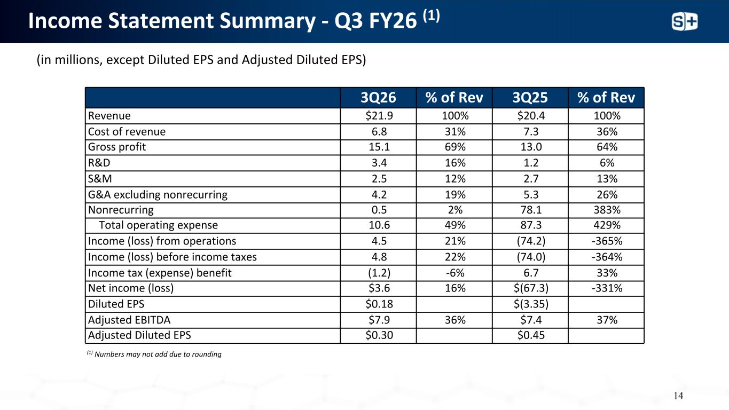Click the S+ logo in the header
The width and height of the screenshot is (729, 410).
pyautogui.click(x=685, y=22)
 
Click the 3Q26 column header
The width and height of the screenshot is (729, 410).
pyautogui.click(x=378, y=98)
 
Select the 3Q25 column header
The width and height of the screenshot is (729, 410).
pyautogui.click(x=530, y=98)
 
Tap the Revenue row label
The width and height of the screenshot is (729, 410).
pyautogui.click(x=109, y=115)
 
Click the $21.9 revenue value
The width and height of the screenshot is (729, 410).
pyautogui.click(x=379, y=115)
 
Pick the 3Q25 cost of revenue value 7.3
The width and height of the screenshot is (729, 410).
pyautogui.click(x=531, y=131)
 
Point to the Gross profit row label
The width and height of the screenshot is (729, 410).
pyautogui.click(x=117, y=147)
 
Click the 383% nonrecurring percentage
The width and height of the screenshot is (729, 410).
pyautogui.click(x=607, y=210)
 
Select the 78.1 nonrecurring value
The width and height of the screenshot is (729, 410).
pyautogui.click(x=531, y=210)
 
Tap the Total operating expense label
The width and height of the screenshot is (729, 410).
pyautogui.click(x=159, y=225)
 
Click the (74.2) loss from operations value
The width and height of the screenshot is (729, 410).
pyautogui.click(x=531, y=241)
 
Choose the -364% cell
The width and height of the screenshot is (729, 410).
pyautogui.click(x=607, y=257)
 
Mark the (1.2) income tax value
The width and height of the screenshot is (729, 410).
pyautogui.click(x=379, y=273)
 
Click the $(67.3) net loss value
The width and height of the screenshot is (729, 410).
pyautogui.click(x=531, y=288)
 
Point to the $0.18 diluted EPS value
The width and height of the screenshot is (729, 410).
pyautogui.click(x=379, y=304)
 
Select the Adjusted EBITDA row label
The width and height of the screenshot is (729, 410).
pyautogui.click(x=129, y=320)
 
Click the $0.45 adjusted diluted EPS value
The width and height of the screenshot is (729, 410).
pyautogui.click(x=531, y=335)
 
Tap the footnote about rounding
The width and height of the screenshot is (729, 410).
pyautogui.click(x=154, y=354)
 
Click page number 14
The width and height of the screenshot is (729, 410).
pyautogui.click(x=678, y=396)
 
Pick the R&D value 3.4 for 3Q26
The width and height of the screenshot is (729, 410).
pyautogui.click(x=379, y=163)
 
